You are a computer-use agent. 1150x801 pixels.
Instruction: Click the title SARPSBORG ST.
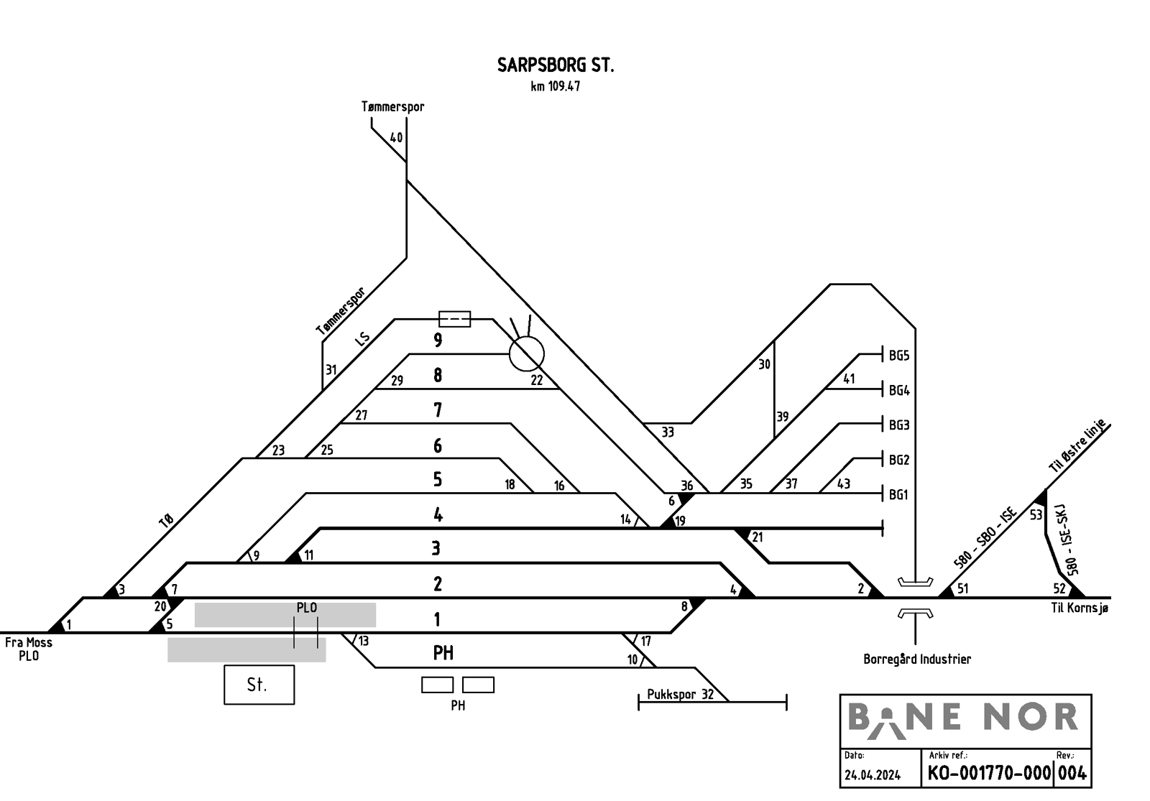point(556,65)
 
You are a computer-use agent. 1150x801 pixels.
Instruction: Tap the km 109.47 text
point(556,86)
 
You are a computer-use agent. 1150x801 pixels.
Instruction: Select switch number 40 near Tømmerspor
point(396,137)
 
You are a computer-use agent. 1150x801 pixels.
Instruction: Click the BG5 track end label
point(899,356)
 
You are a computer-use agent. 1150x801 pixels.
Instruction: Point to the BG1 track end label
point(898,495)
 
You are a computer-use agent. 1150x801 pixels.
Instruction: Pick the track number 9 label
point(438,340)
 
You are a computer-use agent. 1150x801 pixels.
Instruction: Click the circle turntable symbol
point(526,353)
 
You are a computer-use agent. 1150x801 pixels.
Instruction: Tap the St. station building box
point(259,685)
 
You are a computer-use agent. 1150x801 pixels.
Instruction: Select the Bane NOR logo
point(963,719)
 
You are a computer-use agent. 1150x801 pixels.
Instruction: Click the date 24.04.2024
point(873,775)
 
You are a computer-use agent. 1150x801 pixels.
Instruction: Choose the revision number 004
point(1072,773)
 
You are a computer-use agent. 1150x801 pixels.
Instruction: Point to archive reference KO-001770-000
point(989,773)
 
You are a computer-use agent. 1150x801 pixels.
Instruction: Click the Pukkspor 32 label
point(680,695)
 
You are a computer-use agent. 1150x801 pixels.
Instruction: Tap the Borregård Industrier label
point(917,659)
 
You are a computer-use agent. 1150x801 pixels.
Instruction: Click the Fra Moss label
point(29,642)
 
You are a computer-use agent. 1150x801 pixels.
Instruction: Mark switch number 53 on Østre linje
point(1036,514)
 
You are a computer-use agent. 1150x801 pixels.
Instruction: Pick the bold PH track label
point(443,653)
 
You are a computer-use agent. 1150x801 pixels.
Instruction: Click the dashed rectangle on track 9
point(455,319)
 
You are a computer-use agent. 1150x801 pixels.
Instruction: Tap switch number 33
point(668,432)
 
